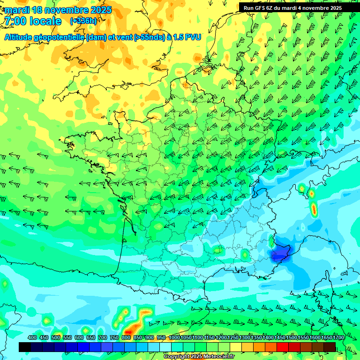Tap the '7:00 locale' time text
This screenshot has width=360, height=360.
pos(33,21)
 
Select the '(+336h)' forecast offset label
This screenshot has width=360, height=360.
pos(83,21)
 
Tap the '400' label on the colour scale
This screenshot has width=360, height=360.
pos(32,337)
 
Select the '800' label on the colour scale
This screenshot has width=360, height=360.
pos(126,337)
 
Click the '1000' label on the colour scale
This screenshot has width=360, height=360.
pos(174,337)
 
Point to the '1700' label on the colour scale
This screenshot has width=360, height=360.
pos(338,337)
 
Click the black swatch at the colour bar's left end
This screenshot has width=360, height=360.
pos(25,347)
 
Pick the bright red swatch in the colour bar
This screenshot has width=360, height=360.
pos(283,347)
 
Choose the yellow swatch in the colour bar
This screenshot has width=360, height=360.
pos(236,347)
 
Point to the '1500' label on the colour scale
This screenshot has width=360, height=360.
pos(292,337)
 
